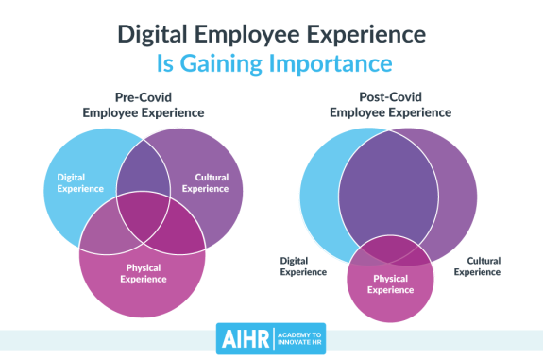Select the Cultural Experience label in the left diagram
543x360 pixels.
click(x=212, y=182)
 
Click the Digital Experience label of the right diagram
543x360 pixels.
click(x=303, y=266)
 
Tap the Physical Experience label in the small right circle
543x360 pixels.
click(x=390, y=284)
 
